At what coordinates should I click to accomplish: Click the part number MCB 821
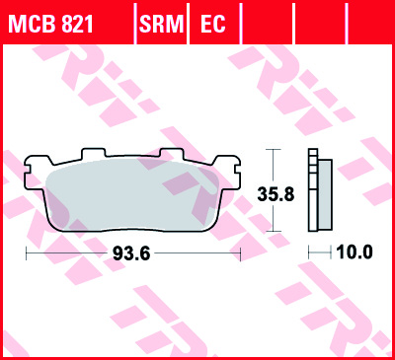[x=51, y=24]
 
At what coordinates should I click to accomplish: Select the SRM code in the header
[x=161, y=24]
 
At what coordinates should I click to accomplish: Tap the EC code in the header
[x=213, y=24]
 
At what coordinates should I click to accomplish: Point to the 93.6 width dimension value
[x=131, y=253]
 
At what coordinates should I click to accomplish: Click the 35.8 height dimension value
[x=276, y=194]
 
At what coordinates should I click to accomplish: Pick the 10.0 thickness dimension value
[x=355, y=252]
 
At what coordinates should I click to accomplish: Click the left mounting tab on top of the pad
[x=94, y=153]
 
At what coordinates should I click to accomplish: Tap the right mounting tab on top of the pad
[x=172, y=153]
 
